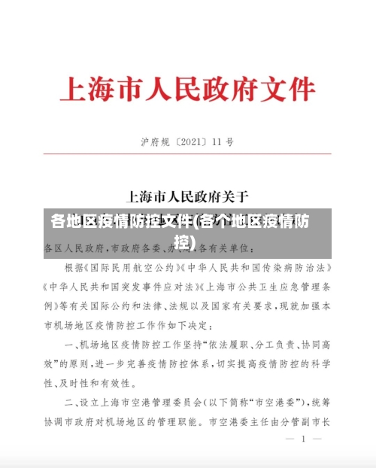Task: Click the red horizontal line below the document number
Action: pyautogui.click(x=187, y=155)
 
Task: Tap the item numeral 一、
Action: pyautogui.click(x=71, y=345)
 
